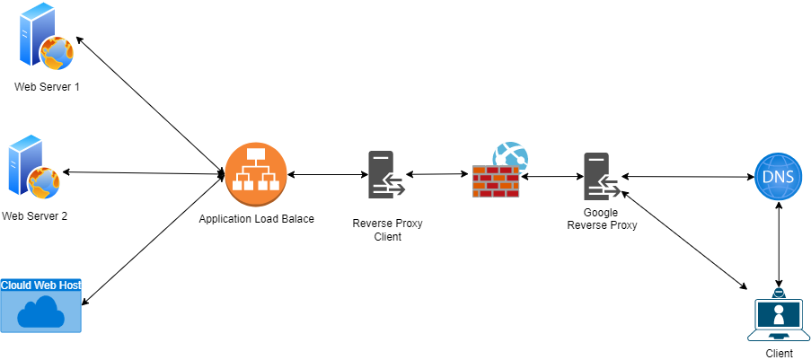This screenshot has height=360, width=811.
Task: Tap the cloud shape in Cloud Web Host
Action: pyautogui.click(x=41, y=312)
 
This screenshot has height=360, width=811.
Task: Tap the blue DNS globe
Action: pyautogui.click(x=777, y=177)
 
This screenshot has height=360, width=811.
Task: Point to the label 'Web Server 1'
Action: pyautogui.click(x=46, y=86)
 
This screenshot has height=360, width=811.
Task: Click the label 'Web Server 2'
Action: pyautogui.click(x=35, y=216)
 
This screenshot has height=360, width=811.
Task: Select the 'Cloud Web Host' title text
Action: pyautogui.click(x=41, y=285)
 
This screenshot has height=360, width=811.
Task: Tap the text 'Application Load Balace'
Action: pyautogui.click(x=257, y=218)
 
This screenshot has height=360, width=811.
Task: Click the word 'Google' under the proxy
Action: pyautogui.click(x=601, y=213)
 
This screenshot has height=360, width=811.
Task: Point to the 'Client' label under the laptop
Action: pyautogui.click(x=779, y=353)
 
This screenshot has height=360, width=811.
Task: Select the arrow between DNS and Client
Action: pyautogui.click(x=778, y=242)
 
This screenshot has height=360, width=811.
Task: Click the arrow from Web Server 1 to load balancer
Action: pyautogui.click(x=149, y=104)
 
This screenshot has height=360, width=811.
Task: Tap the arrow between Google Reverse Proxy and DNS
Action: pyautogui.click(x=686, y=177)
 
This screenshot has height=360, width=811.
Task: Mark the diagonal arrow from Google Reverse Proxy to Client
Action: pyautogui.click(x=683, y=239)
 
